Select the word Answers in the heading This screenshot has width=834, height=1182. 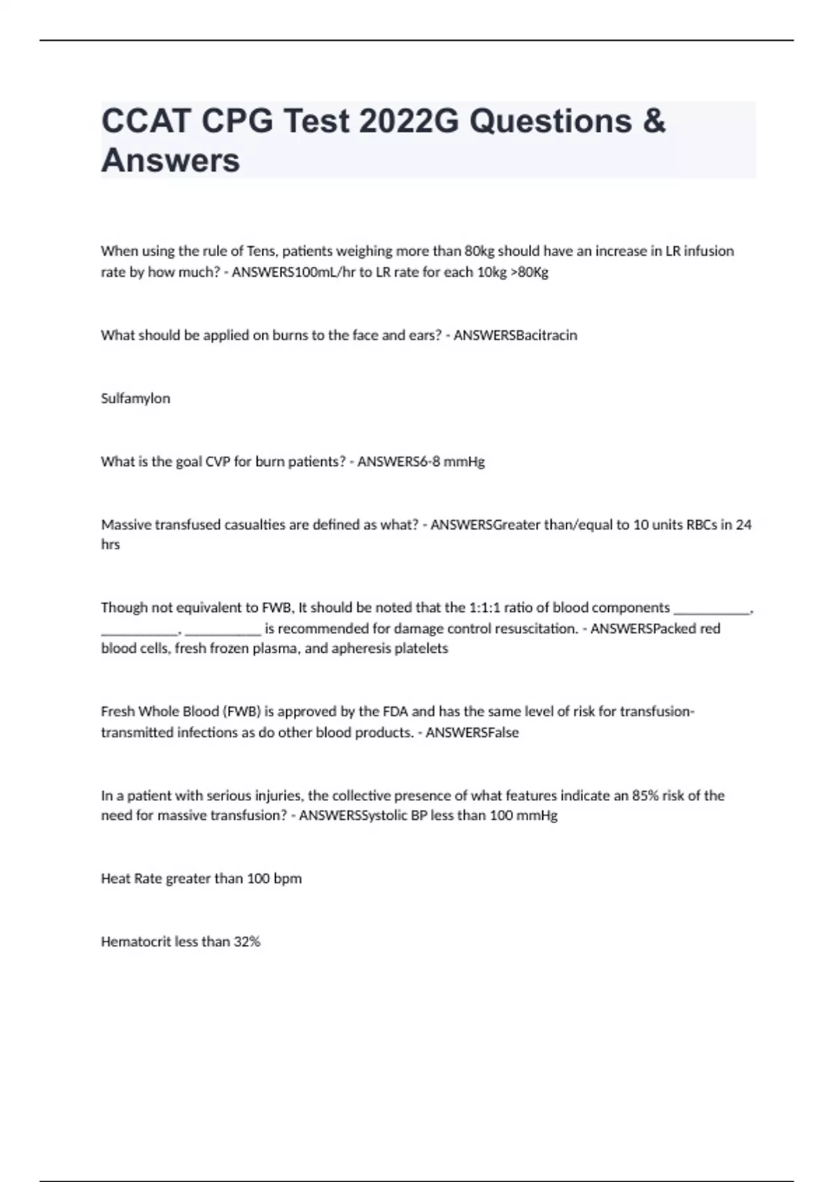point(170,161)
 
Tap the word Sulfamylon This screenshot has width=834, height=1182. point(136,398)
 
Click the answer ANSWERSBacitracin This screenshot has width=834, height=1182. point(515,335)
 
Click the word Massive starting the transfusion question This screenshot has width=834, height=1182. point(126,525)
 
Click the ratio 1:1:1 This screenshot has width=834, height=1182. point(485,608)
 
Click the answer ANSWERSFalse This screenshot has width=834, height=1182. point(472,733)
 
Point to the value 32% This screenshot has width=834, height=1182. point(247,942)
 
